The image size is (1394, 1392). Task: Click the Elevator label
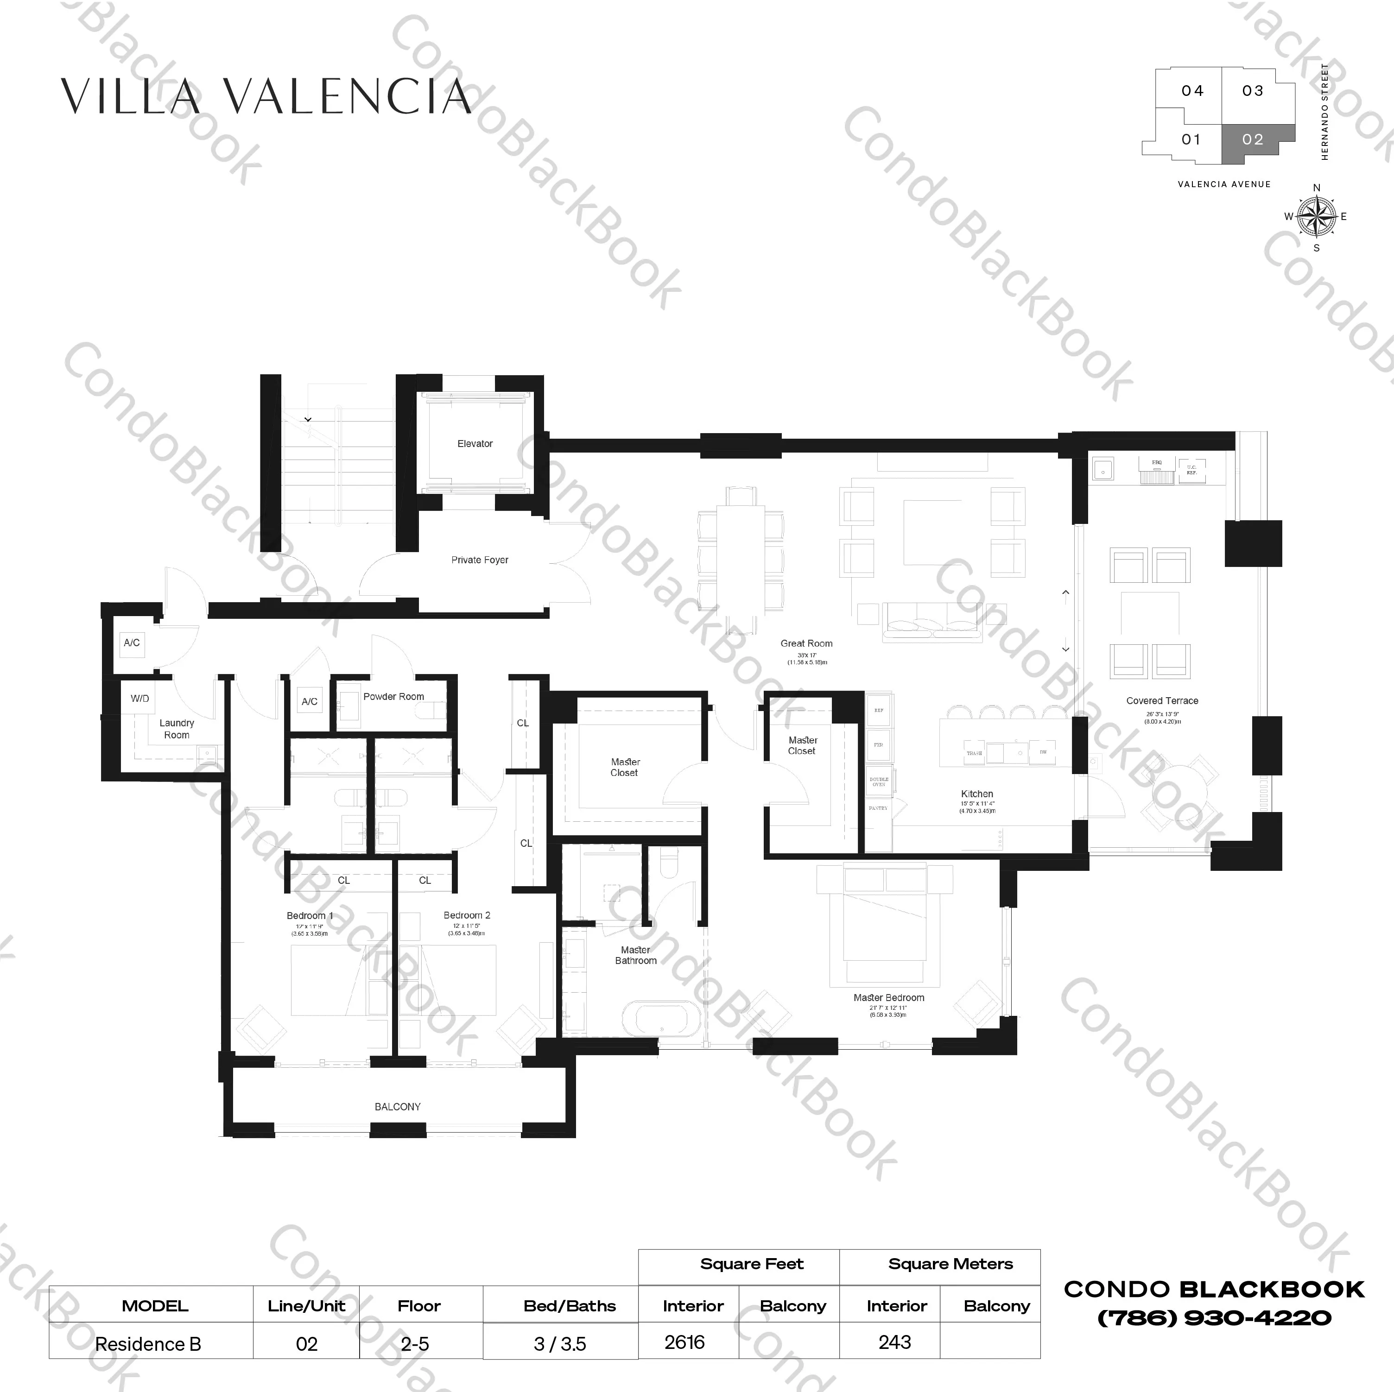pyautogui.click(x=475, y=444)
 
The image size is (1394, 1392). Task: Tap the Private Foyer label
pyautogui.click(x=480, y=560)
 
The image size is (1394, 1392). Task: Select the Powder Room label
pyautogui.click(x=393, y=697)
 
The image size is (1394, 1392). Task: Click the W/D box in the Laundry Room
pyautogui.click(x=140, y=698)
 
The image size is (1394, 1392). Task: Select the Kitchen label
pyautogui.click(x=977, y=794)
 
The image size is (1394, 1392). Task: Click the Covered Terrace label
pyautogui.click(x=1162, y=700)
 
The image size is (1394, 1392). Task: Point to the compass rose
pyautogui.click(x=1316, y=216)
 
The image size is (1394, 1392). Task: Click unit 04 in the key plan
pyautogui.click(x=1192, y=91)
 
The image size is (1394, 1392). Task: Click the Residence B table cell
pyautogui.click(x=149, y=1344)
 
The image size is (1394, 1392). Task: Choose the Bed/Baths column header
pyautogui.click(x=569, y=1306)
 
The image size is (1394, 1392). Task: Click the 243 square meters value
pyautogui.click(x=895, y=1342)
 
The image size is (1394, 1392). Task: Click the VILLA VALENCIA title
pyautogui.click(x=266, y=97)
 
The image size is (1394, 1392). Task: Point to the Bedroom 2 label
pyautogui.click(x=467, y=915)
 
